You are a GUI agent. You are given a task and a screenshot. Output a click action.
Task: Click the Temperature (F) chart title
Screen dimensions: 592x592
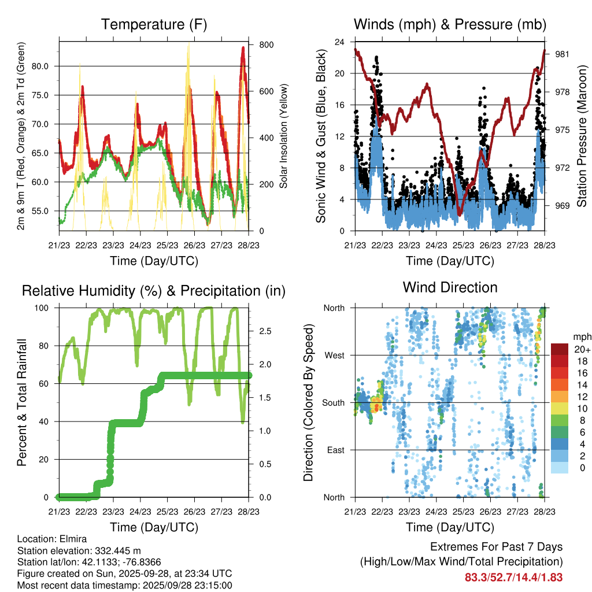[154, 24]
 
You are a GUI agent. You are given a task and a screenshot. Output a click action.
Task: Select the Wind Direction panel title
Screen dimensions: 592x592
[450, 287]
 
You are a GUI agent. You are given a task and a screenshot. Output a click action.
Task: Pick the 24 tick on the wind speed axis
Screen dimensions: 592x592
[339, 42]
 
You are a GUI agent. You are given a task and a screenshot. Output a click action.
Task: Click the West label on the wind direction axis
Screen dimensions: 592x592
[334, 355]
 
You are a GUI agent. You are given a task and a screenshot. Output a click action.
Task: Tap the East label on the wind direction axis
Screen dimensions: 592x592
[335, 450]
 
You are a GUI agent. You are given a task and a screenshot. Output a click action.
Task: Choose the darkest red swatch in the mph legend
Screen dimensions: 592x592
[559, 349]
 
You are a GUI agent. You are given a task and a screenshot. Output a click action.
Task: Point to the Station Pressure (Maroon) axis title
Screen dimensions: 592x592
[582, 136]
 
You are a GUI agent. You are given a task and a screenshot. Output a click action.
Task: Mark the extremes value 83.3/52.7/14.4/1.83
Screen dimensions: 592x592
[513, 577]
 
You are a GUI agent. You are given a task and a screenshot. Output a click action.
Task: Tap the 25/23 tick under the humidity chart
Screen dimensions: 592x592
[166, 512]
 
